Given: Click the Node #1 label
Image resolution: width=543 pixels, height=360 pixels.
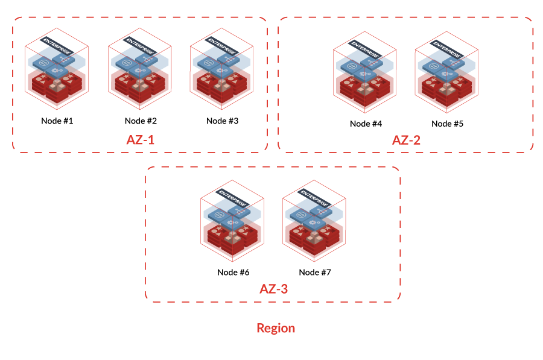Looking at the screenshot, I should [x=57, y=121].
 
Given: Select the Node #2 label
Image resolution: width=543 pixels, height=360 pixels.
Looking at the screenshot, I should [x=140, y=121].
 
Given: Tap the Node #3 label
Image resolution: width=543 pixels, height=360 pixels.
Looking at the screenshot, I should [x=222, y=121].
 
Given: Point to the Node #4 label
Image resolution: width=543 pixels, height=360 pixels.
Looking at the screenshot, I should [x=366, y=124].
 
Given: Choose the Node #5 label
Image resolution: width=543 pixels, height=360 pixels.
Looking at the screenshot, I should [x=447, y=124].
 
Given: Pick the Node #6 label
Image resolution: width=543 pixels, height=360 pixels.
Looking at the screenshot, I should [x=233, y=272].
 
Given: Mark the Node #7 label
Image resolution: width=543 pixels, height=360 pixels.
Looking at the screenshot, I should [x=315, y=272].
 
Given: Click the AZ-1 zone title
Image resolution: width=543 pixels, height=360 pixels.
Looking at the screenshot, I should [x=140, y=140].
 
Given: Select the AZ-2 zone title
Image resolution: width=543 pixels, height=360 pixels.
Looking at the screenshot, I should [x=406, y=141].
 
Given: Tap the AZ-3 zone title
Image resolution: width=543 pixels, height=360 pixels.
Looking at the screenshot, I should [x=273, y=289].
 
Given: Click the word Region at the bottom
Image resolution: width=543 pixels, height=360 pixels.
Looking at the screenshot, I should [x=276, y=328].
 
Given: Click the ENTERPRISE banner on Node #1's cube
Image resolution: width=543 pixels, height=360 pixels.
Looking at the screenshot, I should [x=55, y=43].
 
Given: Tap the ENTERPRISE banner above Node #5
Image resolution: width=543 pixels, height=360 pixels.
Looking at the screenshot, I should [x=446, y=46].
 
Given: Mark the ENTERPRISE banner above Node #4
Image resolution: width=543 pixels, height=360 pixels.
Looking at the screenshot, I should [x=364, y=46].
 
